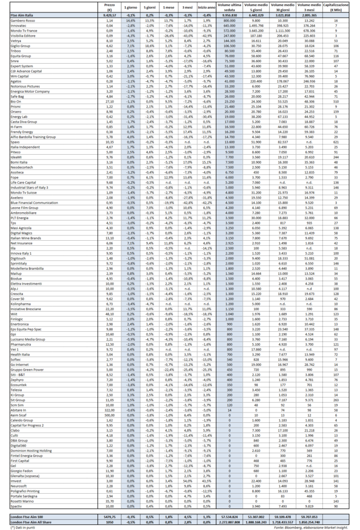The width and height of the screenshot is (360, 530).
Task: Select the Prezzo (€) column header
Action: coord(109,8)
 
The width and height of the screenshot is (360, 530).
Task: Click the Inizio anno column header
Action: coord(206,8)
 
